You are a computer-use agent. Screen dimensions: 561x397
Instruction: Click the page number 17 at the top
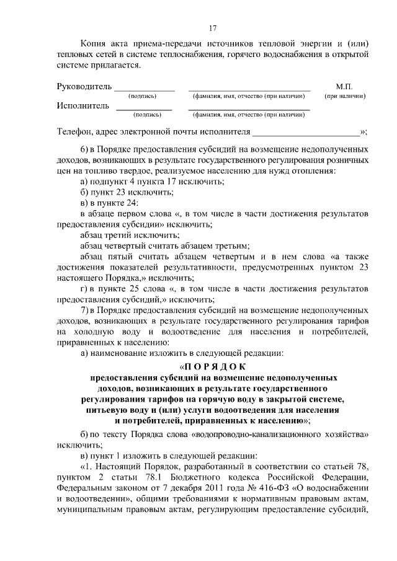pyautogui.click(x=212, y=27)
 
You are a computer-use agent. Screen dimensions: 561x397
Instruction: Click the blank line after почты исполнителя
pyautogui.click(x=306, y=132)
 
